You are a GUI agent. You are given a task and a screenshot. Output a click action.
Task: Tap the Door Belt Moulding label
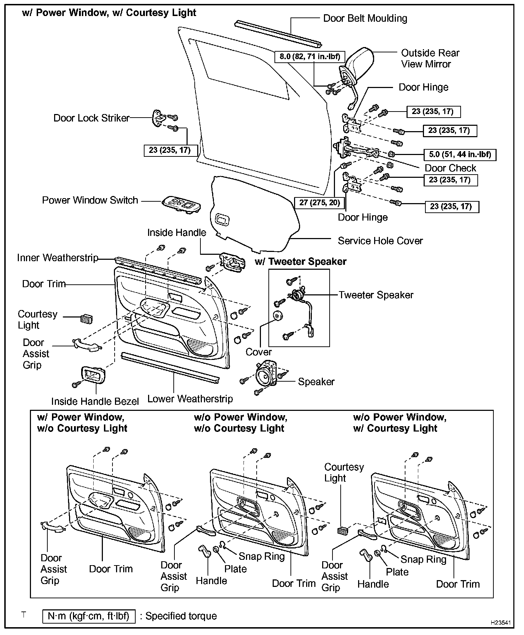point(365,19)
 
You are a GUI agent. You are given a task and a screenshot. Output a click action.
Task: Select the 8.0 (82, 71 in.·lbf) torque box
point(310,56)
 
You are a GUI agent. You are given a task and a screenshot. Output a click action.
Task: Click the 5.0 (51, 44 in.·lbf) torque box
point(460,155)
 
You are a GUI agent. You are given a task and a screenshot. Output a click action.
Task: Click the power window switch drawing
point(181,204)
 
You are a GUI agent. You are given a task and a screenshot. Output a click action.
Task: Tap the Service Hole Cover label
point(380,241)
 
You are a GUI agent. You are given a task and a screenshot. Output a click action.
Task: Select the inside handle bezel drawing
point(93,375)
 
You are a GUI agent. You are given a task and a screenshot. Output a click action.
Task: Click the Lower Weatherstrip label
point(190,399)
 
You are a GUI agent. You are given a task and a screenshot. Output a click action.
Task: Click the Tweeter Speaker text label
point(376,295)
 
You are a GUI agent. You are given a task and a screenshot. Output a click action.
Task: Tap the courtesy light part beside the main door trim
point(86,318)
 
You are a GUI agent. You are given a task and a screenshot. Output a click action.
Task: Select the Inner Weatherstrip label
point(58,258)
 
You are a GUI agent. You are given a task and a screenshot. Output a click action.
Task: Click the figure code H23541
point(500,623)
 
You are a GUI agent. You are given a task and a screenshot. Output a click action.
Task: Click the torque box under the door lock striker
point(170,150)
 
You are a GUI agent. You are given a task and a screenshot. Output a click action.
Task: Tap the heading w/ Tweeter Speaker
point(300,262)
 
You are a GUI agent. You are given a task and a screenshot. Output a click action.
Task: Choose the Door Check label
point(450,168)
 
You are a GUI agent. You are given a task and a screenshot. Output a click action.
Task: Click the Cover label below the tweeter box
point(258,352)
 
